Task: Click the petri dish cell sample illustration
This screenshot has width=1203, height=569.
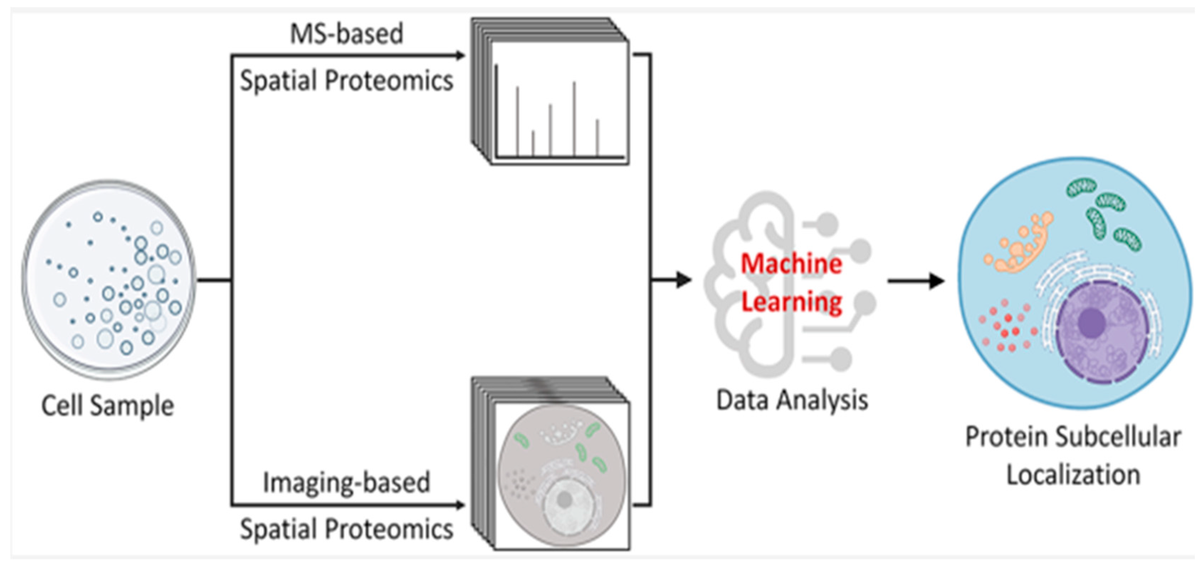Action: click(108, 280)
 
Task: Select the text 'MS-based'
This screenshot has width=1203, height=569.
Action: click(347, 34)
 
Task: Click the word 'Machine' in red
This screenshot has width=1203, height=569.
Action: click(792, 264)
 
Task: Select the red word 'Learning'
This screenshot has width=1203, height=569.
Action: click(792, 302)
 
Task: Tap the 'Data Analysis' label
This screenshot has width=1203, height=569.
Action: click(792, 400)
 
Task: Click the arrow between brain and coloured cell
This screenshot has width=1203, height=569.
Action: click(915, 281)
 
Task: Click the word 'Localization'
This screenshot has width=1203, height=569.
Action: click(1073, 475)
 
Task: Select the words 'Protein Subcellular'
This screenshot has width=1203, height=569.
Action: click(1073, 437)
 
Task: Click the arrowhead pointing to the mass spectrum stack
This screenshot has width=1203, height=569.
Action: click(460, 55)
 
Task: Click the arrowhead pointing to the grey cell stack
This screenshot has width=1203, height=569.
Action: click(460, 505)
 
